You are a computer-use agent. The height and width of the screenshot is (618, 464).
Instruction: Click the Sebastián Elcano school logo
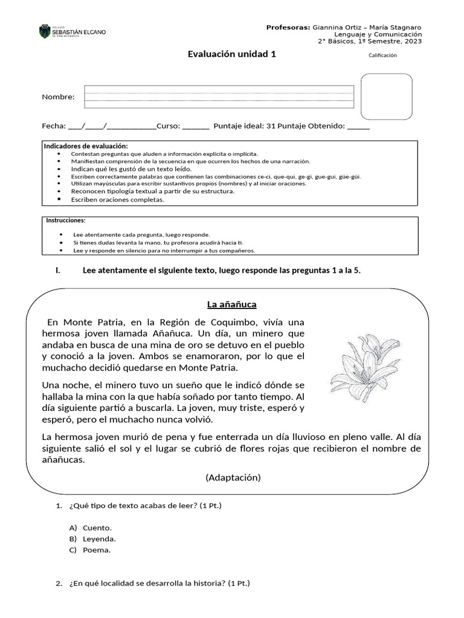coord(72,31)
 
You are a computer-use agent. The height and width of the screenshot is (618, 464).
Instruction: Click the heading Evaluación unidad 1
coord(233,54)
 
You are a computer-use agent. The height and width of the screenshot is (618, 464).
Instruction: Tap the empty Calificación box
coord(387,97)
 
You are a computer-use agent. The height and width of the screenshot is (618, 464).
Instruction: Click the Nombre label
coord(58,97)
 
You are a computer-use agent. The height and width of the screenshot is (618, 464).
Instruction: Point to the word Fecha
coord(53,126)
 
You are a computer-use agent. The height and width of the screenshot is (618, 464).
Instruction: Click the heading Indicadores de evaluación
coord(86,146)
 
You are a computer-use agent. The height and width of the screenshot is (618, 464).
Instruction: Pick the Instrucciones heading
coord(66,220)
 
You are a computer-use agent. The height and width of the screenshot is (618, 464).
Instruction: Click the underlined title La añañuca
coord(233,304)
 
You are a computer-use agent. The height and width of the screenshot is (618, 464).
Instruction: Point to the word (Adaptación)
coord(233,477)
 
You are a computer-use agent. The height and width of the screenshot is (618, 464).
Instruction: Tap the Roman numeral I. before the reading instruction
coord(57,270)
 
